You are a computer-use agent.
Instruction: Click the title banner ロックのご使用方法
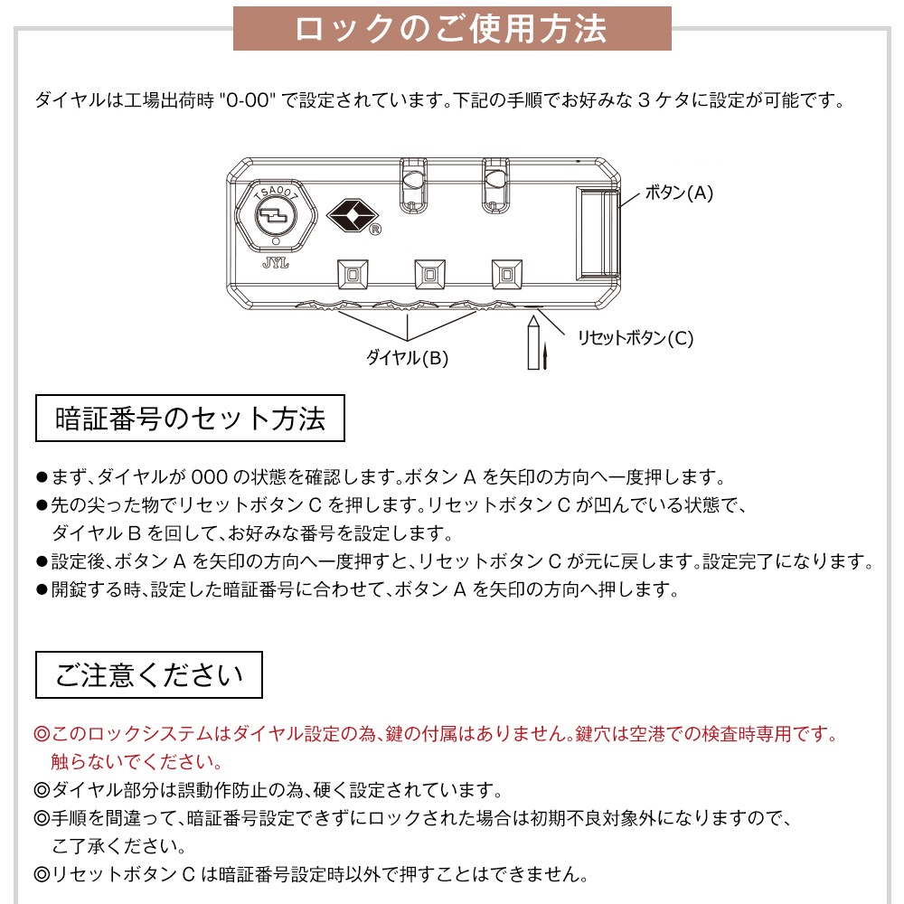point(452,28)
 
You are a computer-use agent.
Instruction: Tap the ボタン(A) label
point(679,193)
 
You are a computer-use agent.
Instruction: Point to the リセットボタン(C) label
point(636,338)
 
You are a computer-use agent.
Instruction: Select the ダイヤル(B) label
point(407,357)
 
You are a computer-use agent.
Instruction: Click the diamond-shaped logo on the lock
point(350,214)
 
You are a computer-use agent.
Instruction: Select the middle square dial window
point(428,274)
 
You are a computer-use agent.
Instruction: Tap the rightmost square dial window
point(506,274)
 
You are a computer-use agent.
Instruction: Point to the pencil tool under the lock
point(533,342)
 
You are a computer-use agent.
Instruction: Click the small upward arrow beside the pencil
point(547,356)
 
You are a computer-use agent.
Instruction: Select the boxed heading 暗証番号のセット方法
point(190,418)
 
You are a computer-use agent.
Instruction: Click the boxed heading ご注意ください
point(149,674)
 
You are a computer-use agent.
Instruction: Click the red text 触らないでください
point(137,761)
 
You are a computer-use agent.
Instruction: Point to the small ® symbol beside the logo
point(374,230)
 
